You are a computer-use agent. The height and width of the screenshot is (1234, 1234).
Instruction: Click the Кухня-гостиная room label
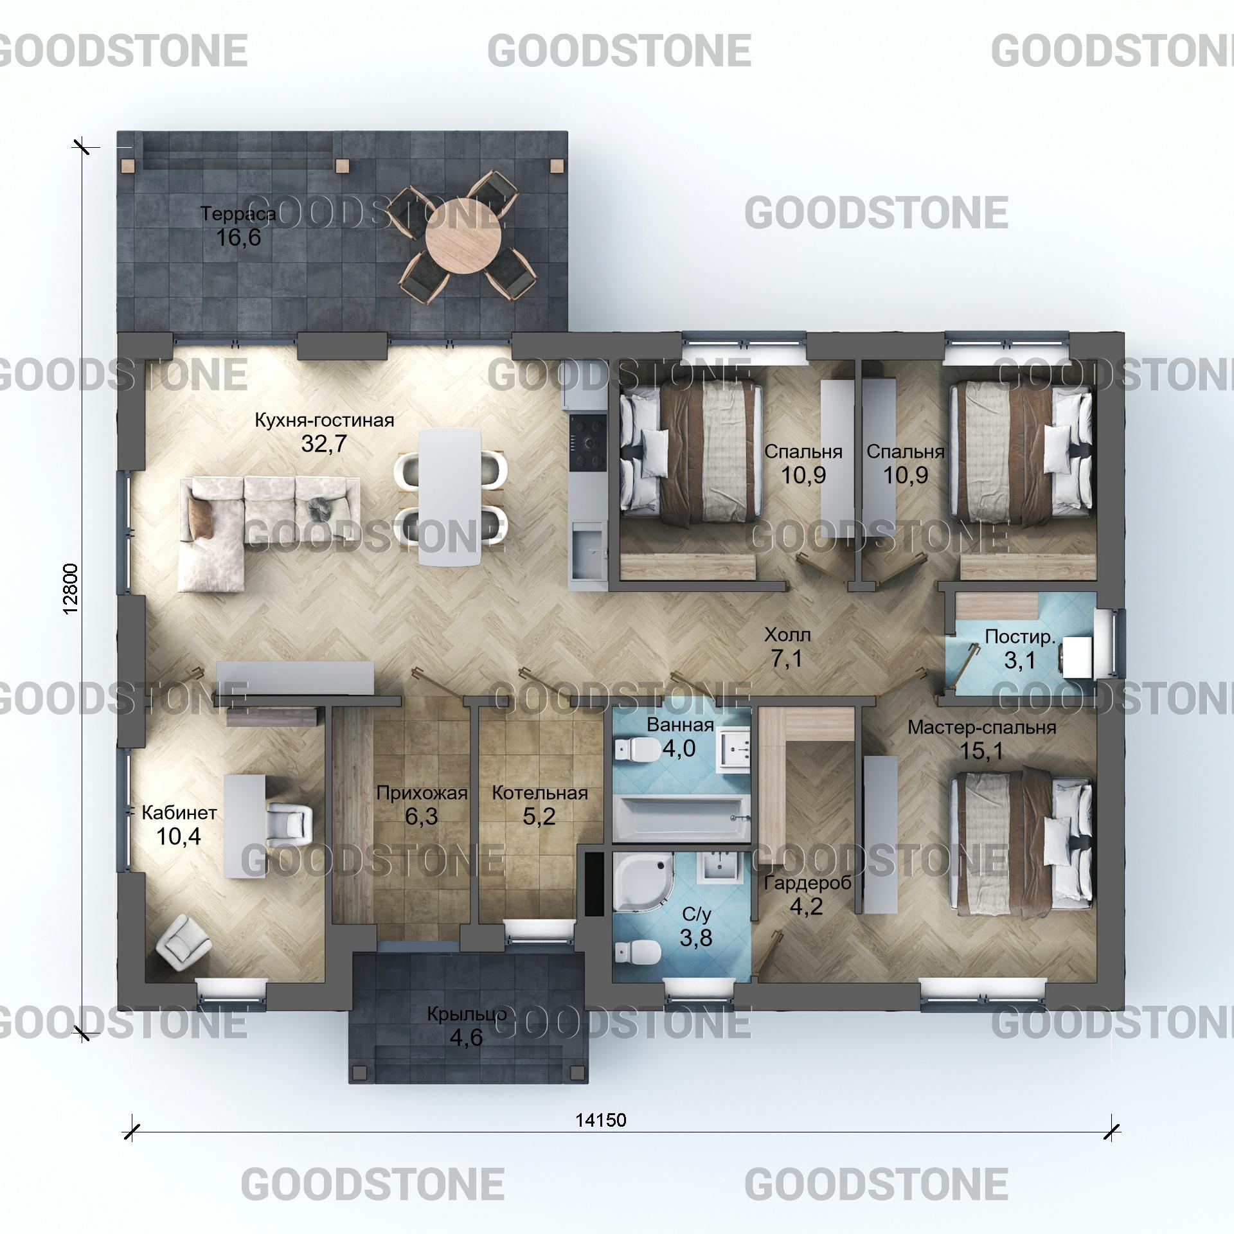325,420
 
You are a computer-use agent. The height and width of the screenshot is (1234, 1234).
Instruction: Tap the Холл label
787,635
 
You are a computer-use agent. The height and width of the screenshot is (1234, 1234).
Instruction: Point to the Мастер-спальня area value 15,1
981,751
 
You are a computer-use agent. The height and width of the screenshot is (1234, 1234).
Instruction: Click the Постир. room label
1020,637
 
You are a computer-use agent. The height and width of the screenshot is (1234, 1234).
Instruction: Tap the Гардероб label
807,883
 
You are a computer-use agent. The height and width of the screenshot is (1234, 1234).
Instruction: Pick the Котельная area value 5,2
539,816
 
